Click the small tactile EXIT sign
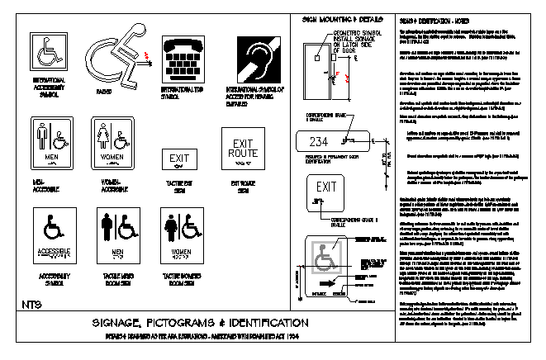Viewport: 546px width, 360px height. click(x=179, y=158)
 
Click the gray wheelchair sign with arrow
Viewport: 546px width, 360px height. click(x=330, y=264)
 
